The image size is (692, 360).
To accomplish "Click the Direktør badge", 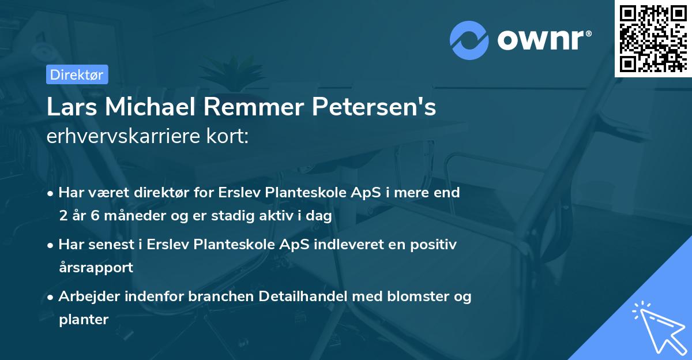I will [x=77, y=74].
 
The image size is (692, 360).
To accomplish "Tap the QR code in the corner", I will [x=653, y=39].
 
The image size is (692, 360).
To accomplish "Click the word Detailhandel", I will [x=295, y=297].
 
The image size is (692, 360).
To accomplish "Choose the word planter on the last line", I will [x=84, y=319].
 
